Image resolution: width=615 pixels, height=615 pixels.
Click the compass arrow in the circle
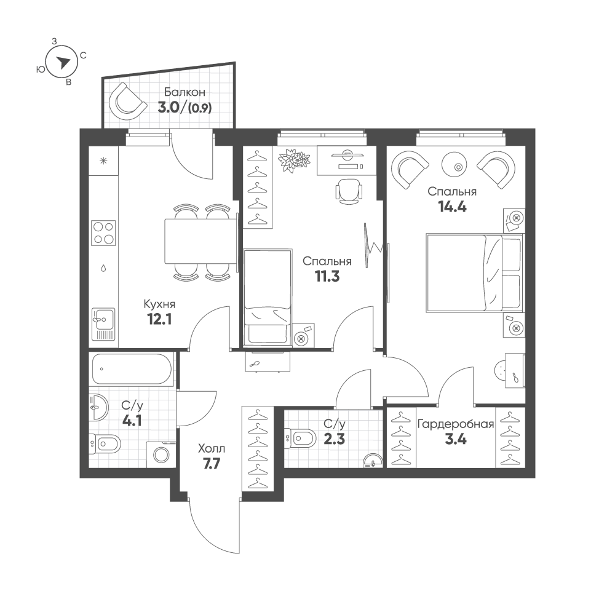[x=63, y=61]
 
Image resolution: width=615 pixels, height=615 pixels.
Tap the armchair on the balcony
[x=125, y=102]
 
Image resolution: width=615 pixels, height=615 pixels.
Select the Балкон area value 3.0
[x=169, y=107]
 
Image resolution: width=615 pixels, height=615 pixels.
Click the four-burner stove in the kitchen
[x=103, y=233]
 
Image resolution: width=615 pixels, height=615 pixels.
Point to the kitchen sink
[x=103, y=324]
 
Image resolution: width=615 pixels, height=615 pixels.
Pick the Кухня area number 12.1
[x=159, y=320]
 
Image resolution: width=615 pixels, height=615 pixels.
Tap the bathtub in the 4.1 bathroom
[x=132, y=368]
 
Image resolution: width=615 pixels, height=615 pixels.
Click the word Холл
[x=212, y=448]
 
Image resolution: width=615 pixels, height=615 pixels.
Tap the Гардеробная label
[x=455, y=424]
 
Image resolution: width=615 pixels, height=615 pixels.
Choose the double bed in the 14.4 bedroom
[x=475, y=273]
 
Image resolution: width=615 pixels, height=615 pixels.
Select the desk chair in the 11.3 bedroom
[x=348, y=191]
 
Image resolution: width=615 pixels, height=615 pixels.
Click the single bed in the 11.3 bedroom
[x=268, y=298]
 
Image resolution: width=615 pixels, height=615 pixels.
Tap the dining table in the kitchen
[x=200, y=241]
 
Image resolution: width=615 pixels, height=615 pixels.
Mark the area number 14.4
[x=452, y=206]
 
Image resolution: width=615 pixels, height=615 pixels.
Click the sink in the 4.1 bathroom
[x=98, y=408]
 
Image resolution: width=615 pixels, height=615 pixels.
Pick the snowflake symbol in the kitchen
[x=103, y=161]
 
